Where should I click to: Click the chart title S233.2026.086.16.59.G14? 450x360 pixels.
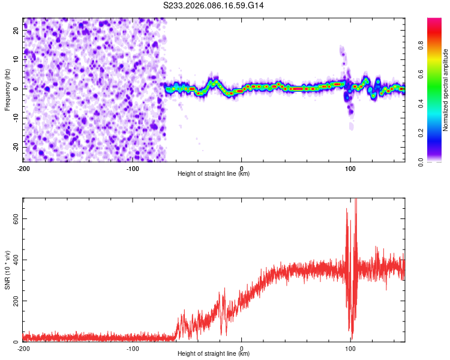[x=214, y=5]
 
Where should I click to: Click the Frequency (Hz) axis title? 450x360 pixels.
[x=7, y=89]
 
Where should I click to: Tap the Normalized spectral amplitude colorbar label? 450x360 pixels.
[x=446, y=90]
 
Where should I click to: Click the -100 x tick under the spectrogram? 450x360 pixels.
[x=133, y=167]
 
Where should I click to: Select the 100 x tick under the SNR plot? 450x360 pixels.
[x=350, y=349]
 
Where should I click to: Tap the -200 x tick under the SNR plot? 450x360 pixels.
[x=23, y=349]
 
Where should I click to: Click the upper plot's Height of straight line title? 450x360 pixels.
[x=214, y=174]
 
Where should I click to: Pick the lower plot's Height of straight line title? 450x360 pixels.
[x=214, y=355]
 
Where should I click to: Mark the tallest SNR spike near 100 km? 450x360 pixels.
[x=356, y=200]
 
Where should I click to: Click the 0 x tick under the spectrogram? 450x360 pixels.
[x=241, y=167]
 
